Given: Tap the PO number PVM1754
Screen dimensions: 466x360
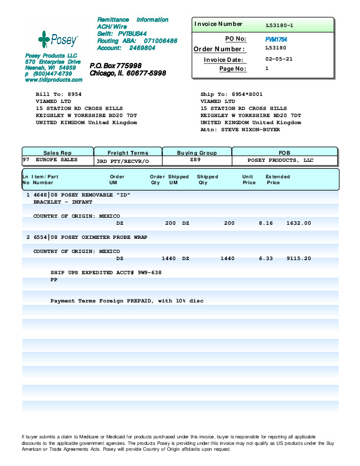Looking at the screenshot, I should click(276, 39).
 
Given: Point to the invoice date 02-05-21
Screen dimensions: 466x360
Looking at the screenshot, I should click(279, 59).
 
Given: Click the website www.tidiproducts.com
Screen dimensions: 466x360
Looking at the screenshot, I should click(54, 79).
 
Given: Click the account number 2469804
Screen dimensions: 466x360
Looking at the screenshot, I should click(142, 48).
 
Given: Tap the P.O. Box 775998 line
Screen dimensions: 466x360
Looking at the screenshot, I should click(115, 65).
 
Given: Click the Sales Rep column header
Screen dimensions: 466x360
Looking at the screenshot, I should click(57, 153).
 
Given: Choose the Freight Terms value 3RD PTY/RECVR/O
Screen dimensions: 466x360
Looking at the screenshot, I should click(123, 161).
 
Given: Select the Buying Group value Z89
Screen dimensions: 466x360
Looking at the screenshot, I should click(196, 160).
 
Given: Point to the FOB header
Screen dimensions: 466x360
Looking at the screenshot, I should click(284, 153).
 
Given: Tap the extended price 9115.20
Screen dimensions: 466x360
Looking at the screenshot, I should click(299, 258).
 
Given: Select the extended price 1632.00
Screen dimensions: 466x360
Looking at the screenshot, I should click(299, 224).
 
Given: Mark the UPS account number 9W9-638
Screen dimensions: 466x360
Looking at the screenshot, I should click(149, 273).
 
